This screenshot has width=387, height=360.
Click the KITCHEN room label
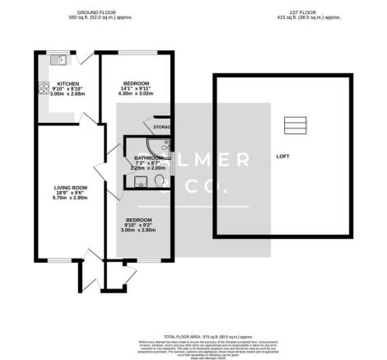[67, 84]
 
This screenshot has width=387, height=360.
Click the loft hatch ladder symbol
[294, 124]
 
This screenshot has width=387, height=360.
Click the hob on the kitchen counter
[41, 89]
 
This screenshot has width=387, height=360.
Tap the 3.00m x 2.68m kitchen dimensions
[67, 95]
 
